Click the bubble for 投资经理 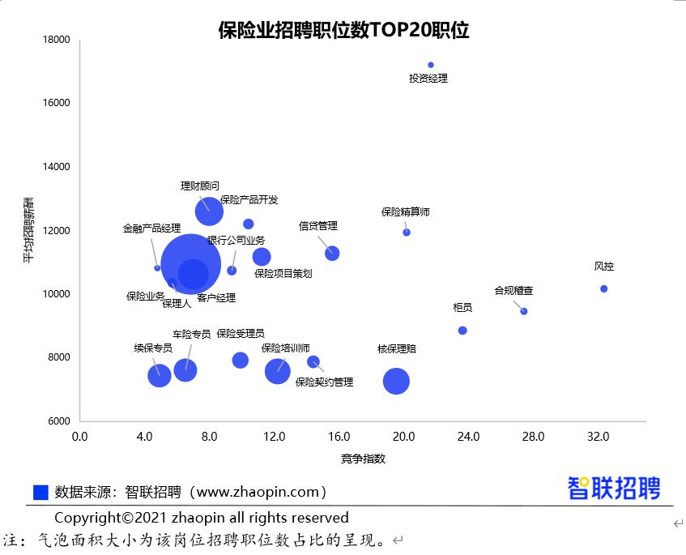click(x=431, y=65)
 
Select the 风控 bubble click(x=603, y=288)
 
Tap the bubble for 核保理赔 click(x=396, y=381)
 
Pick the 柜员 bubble click(x=462, y=331)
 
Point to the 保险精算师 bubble click(x=407, y=233)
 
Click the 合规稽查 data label click(x=513, y=291)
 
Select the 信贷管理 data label click(x=317, y=226)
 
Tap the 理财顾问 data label click(x=199, y=186)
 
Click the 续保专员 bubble click(x=160, y=374)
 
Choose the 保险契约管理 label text click(x=324, y=382)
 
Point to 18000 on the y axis click(x=57, y=40)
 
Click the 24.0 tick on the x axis click(x=468, y=437)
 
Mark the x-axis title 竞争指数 click(x=363, y=459)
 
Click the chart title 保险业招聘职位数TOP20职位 click(x=343, y=31)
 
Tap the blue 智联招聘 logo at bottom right click(x=613, y=488)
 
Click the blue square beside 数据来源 click(x=40, y=492)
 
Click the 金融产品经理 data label click(x=151, y=228)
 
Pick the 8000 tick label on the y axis click(x=59, y=357)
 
